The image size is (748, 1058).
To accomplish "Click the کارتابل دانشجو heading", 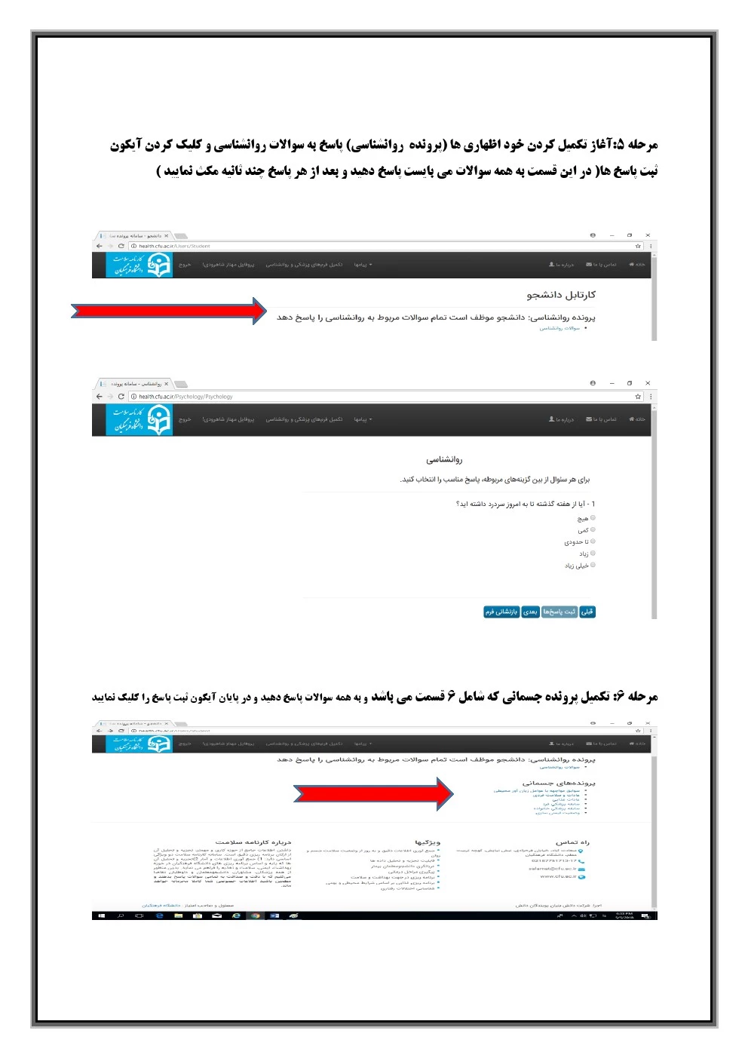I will pos(561,295).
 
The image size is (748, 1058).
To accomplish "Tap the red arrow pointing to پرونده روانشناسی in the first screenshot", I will pos(169,311).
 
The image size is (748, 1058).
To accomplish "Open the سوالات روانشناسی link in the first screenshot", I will pos(559,328).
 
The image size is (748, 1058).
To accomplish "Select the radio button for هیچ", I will pos(593,518).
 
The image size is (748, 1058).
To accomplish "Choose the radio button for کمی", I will pos(593,530).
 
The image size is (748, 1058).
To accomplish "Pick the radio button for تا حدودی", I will pos(593,541).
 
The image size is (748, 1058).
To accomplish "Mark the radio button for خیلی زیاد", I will pos(593,565).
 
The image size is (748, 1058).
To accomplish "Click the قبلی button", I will pos(587,612).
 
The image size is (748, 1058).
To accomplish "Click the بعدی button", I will pos(530,612).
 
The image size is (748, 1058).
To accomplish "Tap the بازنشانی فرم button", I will pos(501,612).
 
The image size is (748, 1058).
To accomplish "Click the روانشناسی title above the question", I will pos(444,459).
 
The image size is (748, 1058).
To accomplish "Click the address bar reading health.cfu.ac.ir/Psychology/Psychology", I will pos(185,397).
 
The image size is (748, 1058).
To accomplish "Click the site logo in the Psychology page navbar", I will pos(139,420).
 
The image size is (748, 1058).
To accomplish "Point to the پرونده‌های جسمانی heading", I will pos(559,783).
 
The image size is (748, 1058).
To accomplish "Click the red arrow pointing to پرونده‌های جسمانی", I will pos(373,793).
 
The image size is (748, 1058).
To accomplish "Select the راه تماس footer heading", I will pos(572,842).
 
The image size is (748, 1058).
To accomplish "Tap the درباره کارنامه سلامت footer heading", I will pos(253,842).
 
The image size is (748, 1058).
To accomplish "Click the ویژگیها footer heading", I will pos(427,842).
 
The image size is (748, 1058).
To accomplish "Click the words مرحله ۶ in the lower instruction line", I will pos(639,697).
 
